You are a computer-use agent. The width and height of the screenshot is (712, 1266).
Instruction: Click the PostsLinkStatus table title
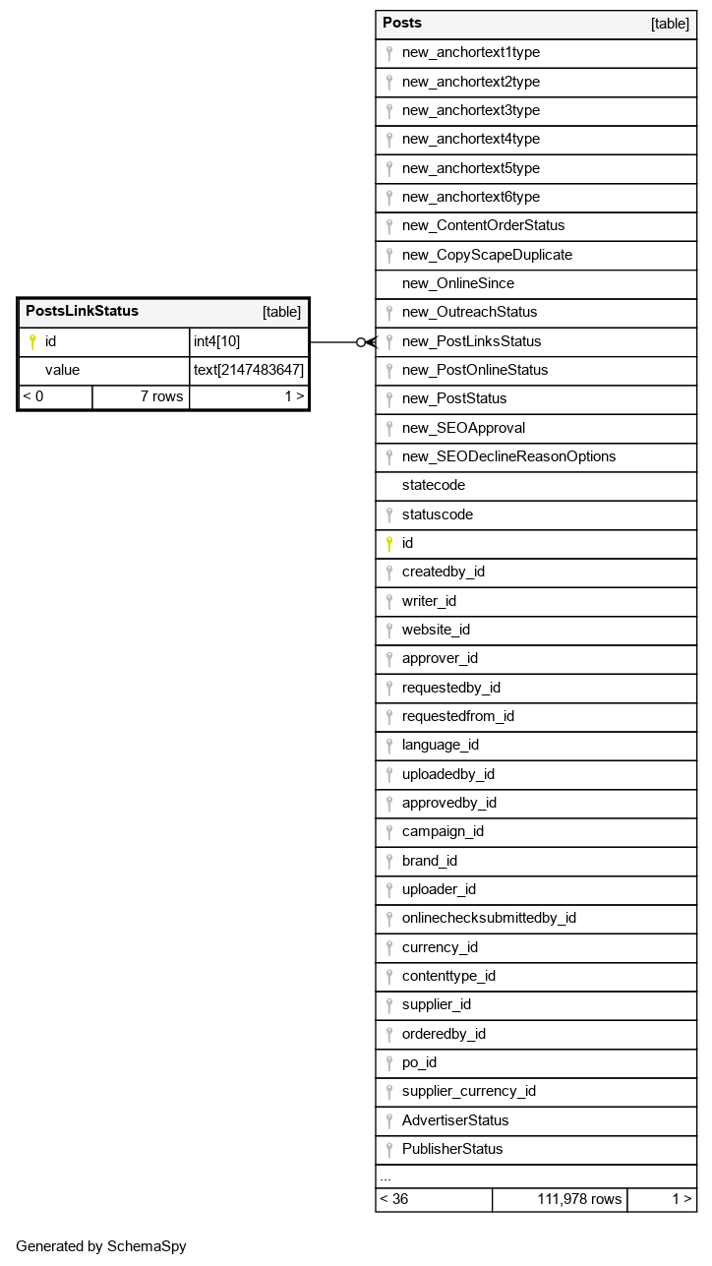click(82, 312)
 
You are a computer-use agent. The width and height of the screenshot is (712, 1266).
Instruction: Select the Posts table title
click(402, 23)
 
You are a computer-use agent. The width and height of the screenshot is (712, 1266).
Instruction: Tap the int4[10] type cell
click(216, 341)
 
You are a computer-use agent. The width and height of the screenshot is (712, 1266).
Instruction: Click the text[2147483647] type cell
click(249, 370)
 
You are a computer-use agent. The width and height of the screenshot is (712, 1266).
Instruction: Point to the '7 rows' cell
click(161, 396)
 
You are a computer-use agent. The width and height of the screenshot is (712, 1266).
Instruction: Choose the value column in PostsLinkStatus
click(62, 370)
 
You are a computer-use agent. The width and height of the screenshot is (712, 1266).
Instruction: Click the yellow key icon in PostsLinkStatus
click(32, 342)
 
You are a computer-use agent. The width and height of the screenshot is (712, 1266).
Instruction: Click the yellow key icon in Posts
click(389, 543)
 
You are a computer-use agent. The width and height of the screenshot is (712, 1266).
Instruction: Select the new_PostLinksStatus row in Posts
click(471, 341)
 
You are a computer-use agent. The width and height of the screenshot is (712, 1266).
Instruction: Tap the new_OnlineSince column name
click(457, 283)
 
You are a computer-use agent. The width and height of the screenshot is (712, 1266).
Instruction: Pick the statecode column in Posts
click(434, 485)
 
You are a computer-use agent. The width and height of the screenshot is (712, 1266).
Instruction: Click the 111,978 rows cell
click(579, 1199)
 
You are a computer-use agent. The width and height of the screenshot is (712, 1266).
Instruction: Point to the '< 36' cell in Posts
click(394, 1199)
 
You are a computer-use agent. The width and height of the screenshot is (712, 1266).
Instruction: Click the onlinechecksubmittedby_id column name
click(489, 918)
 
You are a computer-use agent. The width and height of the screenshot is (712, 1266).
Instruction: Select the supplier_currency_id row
click(468, 1091)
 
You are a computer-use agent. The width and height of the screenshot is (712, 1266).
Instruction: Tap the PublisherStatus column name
click(451, 1149)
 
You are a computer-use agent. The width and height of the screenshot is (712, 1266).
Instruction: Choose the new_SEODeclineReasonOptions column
click(508, 456)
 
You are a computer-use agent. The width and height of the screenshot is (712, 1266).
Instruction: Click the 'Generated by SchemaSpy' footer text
click(101, 1246)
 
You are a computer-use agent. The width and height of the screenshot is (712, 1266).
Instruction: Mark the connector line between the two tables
click(334, 342)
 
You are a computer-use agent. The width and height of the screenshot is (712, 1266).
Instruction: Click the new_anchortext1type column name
click(470, 53)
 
